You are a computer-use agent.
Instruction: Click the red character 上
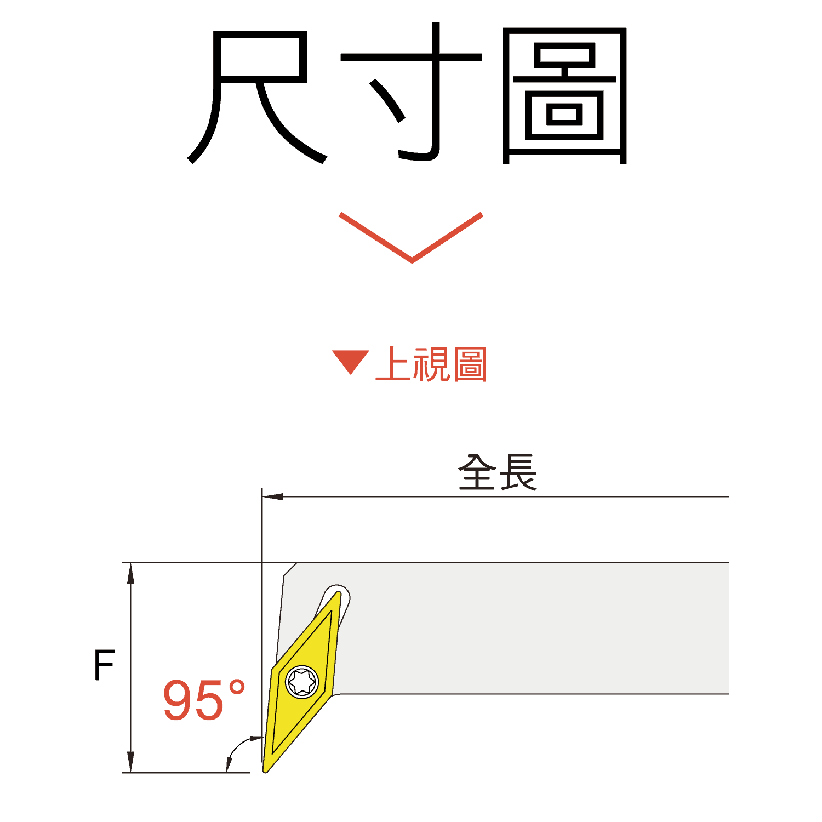point(393,364)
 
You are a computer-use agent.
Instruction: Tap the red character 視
point(432,364)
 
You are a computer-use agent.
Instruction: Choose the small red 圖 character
point(470,364)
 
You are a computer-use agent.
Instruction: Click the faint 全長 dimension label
point(498,473)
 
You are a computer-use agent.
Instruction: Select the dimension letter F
point(104,665)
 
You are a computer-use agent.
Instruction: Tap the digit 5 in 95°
point(209,700)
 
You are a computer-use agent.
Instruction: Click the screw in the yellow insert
point(302,681)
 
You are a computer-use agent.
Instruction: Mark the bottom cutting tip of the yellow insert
point(266,768)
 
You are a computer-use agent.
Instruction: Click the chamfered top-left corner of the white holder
point(291,569)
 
